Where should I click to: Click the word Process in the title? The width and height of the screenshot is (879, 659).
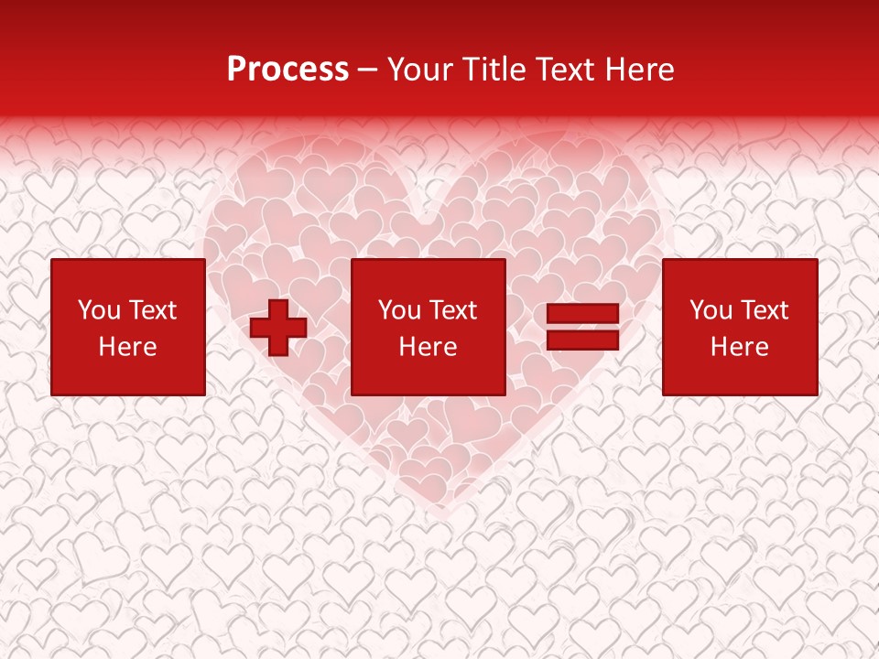(288, 70)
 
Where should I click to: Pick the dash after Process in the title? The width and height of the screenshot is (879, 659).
(368, 70)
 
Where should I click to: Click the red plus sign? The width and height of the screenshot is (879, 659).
(278, 328)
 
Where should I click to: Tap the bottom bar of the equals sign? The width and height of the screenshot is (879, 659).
(582, 340)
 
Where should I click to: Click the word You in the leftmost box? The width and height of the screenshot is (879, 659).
(99, 310)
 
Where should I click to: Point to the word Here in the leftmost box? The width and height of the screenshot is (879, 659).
(127, 347)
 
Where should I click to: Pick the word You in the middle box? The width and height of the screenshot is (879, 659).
(399, 310)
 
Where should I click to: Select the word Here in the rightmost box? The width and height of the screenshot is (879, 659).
(739, 347)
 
